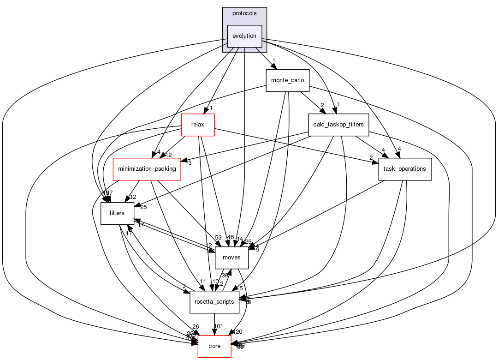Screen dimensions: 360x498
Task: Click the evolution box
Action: pos(244,36)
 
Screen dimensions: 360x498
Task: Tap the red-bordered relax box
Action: pos(198,125)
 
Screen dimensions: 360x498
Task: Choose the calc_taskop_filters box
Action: pos(338,125)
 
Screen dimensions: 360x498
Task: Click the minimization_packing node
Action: pos(147,169)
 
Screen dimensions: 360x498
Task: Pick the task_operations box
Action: pos(405,169)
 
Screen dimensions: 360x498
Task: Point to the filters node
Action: pos(117,213)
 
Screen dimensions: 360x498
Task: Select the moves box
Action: pos(231,258)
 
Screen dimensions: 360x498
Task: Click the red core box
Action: pos(214,346)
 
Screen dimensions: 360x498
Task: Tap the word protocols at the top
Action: pos(244,13)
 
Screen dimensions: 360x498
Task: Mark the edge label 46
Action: pos(231,237)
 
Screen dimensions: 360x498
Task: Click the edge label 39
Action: pos(225,276)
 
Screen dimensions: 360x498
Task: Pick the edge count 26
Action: pos(196,327)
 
